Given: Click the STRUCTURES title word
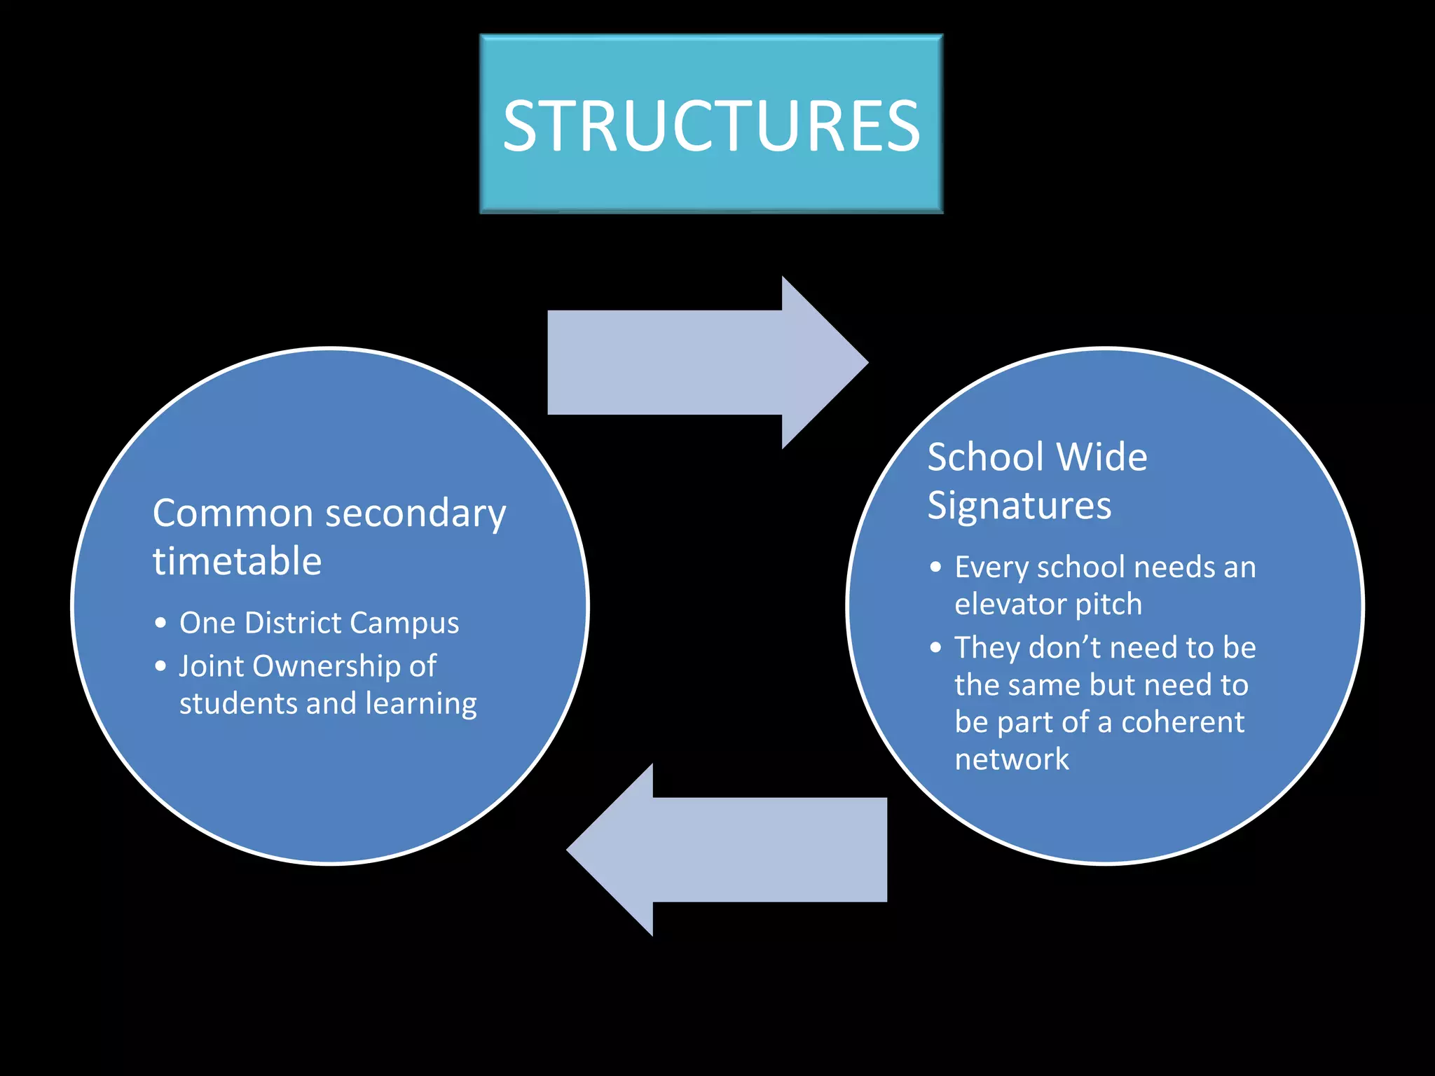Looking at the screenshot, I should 711,126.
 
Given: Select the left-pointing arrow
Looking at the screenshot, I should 729,849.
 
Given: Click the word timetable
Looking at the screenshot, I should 237,562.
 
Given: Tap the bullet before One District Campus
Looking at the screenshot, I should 161,623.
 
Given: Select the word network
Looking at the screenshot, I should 1012,759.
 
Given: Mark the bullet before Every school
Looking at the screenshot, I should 936,567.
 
